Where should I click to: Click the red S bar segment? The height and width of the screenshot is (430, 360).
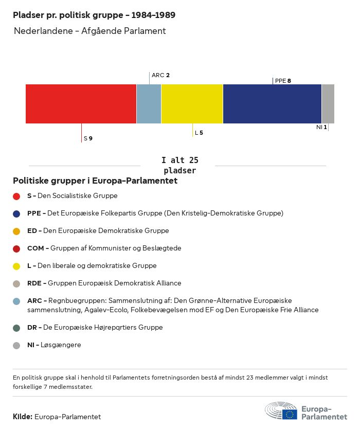point(81,104)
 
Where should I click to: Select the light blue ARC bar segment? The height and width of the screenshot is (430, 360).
point(149,104)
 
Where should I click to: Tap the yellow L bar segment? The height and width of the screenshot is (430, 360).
point(192,104)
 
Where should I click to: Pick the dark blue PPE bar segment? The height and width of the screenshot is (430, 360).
point(272,104)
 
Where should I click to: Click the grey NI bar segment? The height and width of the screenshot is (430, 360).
point(328,104)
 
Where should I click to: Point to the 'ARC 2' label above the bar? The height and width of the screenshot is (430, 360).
point(160,75)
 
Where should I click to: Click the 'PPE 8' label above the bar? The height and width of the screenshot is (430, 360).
point(283,81)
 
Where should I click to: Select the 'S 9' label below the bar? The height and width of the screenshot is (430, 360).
point(88,138)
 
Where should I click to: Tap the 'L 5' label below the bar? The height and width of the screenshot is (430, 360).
point(199,133)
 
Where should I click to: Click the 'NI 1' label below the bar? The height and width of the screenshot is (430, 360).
point(321,127)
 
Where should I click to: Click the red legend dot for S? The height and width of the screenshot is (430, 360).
point(16,196)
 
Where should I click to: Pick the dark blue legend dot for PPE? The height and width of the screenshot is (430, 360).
point(16,213)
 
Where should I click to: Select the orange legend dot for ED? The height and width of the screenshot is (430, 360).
point(16,231)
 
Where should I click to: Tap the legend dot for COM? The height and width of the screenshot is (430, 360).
point(16,248)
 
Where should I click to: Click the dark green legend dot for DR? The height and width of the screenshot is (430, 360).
point(16,328)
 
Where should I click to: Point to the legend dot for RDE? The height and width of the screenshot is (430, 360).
point(16,283)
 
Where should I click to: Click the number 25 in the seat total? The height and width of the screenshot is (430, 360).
point(193,160)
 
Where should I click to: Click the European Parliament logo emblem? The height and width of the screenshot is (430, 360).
point(281,411)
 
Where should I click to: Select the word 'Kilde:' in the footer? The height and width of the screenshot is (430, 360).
point(23,417)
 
